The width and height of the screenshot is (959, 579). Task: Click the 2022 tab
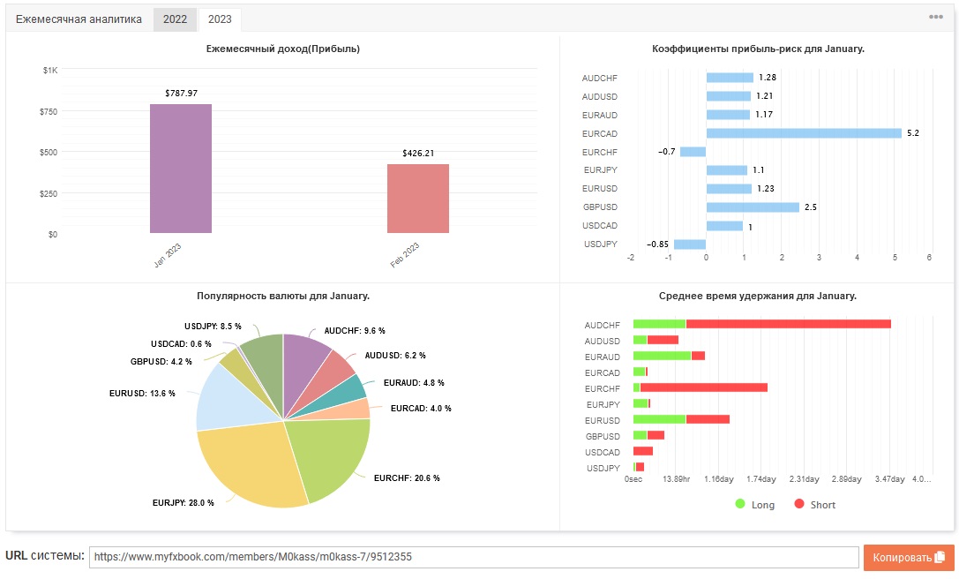[x=175, y=19]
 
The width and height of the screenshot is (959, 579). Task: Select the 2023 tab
[x=220, y=19]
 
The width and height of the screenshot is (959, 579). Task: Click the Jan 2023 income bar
[x=181, y=169]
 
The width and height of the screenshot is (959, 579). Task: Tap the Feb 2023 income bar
[x=417, y=199]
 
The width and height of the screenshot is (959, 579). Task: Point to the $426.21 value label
[x=418, y=153]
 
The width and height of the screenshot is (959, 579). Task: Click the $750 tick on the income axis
[x=49, y=111]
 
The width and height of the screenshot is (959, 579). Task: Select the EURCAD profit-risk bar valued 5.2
[x=804, y=132]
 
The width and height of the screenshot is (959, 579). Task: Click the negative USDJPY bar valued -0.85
[x=690, y=244]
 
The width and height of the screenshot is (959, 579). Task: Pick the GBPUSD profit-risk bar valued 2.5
[x=753, y=207]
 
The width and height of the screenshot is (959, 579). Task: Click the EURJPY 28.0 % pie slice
[x=244, y=465]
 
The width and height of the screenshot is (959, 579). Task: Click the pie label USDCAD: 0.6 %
[x=181, y=344]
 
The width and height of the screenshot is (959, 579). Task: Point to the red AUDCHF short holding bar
[x=789, y=324]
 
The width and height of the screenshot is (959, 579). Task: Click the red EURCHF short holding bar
[x=703, y=387]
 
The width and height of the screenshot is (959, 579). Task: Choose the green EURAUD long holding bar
[x=662, y=356]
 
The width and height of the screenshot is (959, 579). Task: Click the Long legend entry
[x=754, y=504]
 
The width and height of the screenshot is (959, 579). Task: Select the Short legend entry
[x=814, y=504]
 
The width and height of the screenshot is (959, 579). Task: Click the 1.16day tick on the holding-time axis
[x=719, y=479]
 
